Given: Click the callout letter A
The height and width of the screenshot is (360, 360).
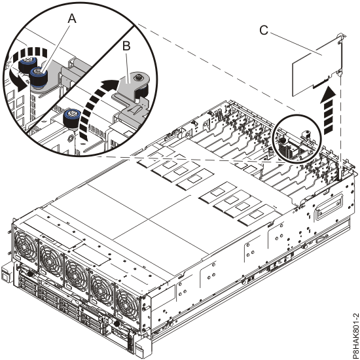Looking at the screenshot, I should tap(72, 20).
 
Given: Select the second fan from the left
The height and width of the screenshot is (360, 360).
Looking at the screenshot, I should tap(52, 257).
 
